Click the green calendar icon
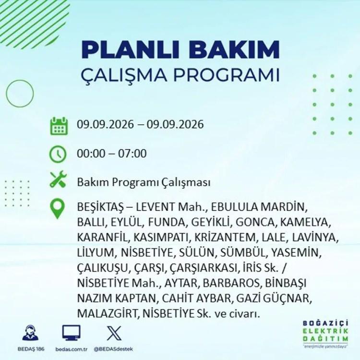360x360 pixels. [x=59, y=126]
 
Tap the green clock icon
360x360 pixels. [x=58, y=154]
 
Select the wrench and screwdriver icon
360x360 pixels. [x=58, y=179]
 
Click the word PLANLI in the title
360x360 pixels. [x=130, y=49]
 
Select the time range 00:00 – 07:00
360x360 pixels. [x=111, y=154]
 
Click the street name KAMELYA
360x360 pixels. [x=305, y=222]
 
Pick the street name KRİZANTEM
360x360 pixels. [x=225, y=237]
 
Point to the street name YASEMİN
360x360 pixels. [x=296, y=252]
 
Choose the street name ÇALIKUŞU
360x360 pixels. [x=102, y=268]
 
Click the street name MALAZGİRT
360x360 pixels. [x=107, y=313]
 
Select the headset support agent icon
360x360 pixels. [x=31, y=333]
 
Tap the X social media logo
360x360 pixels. [x=114, y=333]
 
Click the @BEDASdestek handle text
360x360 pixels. [x=113, y=349]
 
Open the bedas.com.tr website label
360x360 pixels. [x=72, y=349]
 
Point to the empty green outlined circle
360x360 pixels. [x=6, y=94]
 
